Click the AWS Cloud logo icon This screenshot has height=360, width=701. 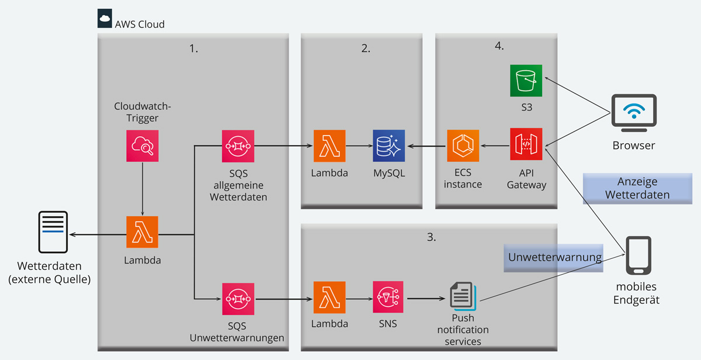pos(105,19)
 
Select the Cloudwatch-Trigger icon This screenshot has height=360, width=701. pos(143,146)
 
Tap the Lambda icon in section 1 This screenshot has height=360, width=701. pos(143,232)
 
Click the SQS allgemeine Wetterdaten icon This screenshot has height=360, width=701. pos(238,146)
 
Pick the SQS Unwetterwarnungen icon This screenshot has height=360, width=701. pos(238,299)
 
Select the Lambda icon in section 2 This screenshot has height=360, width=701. pos(329,146)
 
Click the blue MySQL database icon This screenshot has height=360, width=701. pos(389,146)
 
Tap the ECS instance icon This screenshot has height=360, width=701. pos(463,146)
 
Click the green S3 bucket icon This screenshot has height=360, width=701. pos(526,81)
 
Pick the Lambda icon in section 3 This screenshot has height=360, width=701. pos(329,297)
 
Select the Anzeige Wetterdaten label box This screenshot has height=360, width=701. pos(637,188)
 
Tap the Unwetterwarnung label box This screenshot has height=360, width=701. pos(554,257)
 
